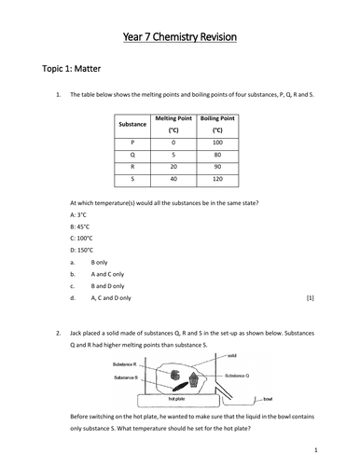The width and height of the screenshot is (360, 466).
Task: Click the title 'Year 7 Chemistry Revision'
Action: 180,36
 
